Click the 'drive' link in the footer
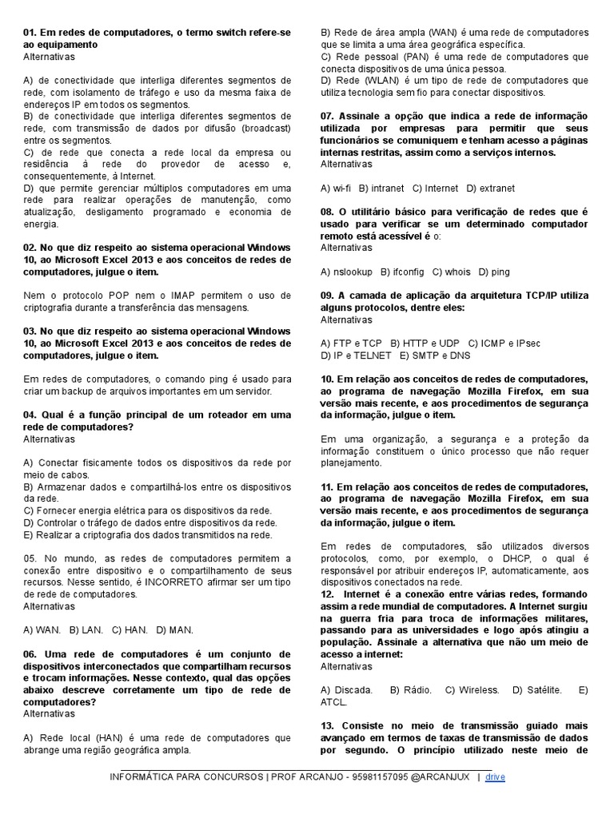pos(496,776)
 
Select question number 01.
pos(30,33)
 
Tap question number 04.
pos(30,415)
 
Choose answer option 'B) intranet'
pos(382,189)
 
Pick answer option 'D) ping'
pos(494,272)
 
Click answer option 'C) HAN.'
pos(129,630)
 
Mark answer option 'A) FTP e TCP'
pos(351,343)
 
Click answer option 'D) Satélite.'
pos(536,689)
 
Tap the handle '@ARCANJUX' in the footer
pos(444,776)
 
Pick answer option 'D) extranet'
pos(491,189)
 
